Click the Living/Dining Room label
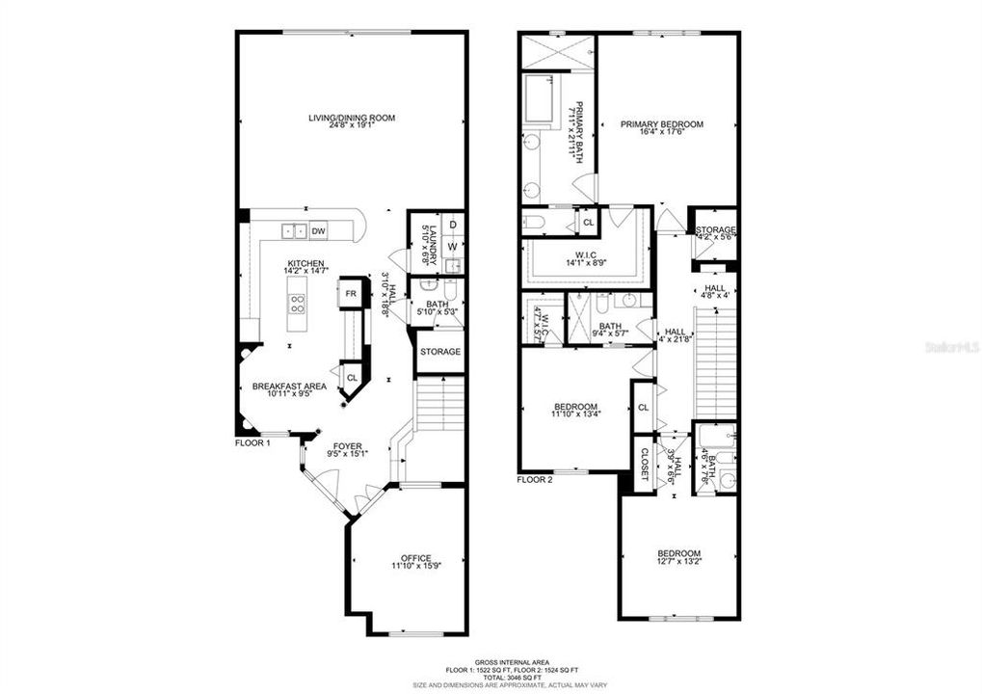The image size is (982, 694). tap(352, 118)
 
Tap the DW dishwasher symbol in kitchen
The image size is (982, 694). tap(319, 231)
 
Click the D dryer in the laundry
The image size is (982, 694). tap(452, 225)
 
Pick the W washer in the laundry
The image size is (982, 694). tap(452, 247)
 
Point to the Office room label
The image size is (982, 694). tap(415, 558)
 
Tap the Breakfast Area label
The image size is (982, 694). tap(289, 387)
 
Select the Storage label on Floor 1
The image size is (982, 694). tap(439, 352)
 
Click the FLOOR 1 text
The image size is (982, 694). tap(253, 443)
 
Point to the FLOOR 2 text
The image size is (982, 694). tap(535, 479)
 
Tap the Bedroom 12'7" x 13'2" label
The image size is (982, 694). tap(679, 554)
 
